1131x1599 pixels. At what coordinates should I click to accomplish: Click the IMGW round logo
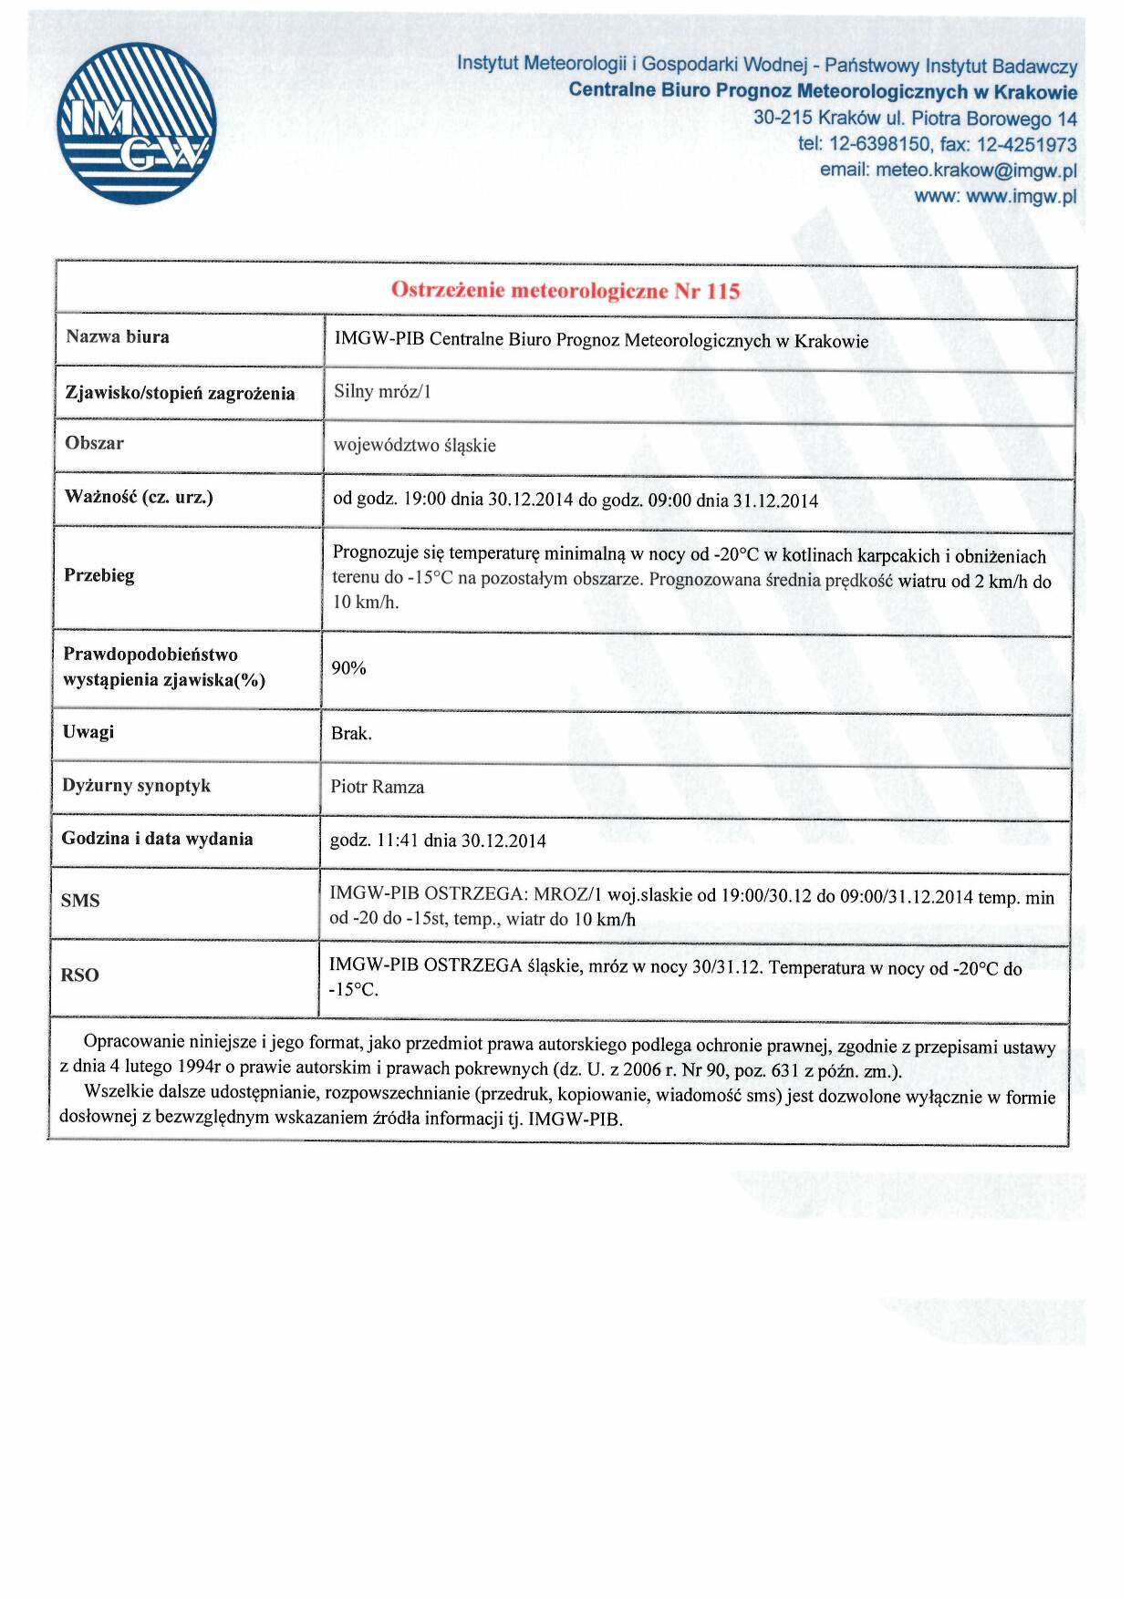[x=137, y=123]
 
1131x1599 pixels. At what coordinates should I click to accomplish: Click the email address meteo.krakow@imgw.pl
[x=976, y=170]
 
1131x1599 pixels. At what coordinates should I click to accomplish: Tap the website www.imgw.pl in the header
[x=1021, y=196]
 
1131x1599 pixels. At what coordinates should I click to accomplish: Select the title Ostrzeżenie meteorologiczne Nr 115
[x=565, y=291]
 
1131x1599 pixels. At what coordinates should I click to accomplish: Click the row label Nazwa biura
[x=118, y=336]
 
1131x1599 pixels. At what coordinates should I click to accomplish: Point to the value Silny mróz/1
[x=382, y=392]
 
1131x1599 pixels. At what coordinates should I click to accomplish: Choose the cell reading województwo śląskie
[x=415, y=445]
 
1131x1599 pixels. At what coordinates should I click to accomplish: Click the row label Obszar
[x=95, y=443]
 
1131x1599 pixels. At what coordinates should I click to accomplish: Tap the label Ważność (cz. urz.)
[x=139, y=497]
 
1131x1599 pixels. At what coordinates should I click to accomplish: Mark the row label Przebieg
[x=99, y=575]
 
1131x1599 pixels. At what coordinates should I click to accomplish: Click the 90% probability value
[x=348, y=668]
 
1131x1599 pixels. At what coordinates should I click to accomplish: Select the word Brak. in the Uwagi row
[x=351, y=733]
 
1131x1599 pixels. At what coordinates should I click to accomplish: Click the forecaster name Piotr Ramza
[x=378, y=787]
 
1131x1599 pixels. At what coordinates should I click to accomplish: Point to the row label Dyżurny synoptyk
[x=137, y=785]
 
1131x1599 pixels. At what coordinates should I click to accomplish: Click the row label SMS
[x=80, y=901]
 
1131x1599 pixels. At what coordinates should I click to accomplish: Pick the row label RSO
[x=79, y=975]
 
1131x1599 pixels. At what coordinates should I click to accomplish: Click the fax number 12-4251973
[x=1026, y=145]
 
